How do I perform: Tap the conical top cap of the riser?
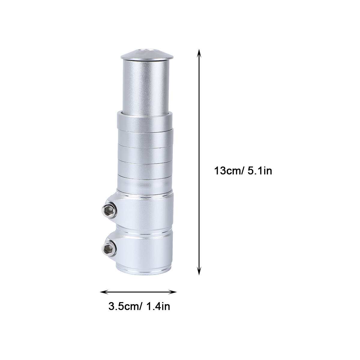[x=147, y=55]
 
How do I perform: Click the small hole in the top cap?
[x=147, y=50]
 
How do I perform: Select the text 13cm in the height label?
[x=227, y=171]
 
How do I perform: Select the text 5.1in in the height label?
[x=260, y=171]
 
